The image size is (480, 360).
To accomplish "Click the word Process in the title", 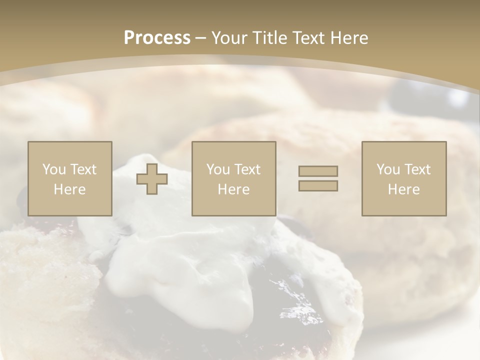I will (x=157, y=38).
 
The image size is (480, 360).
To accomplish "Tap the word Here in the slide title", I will (x=348, y=38).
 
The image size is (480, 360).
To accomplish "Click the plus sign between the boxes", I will (x=152, y=179).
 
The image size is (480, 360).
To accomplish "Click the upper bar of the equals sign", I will (x=318, y=171).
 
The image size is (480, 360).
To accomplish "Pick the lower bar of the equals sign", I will (x=318, y=185).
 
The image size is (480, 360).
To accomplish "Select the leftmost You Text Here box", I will (x=69, y=179).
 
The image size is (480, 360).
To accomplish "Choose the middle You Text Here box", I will (x=233, y=179).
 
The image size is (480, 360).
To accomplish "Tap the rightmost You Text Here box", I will (x=403, y=179).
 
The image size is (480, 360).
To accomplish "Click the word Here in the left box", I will (x=69, y=189).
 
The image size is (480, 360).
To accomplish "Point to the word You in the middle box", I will (x=218, y=169).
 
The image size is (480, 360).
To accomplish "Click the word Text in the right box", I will (x=418, y=169).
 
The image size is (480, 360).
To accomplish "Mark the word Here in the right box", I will (x=403, y=189).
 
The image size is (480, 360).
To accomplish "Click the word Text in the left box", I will (x=83, y=169).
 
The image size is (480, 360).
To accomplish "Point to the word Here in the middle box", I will (x=233, y=189).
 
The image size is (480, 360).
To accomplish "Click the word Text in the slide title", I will (x=308, y=38).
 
